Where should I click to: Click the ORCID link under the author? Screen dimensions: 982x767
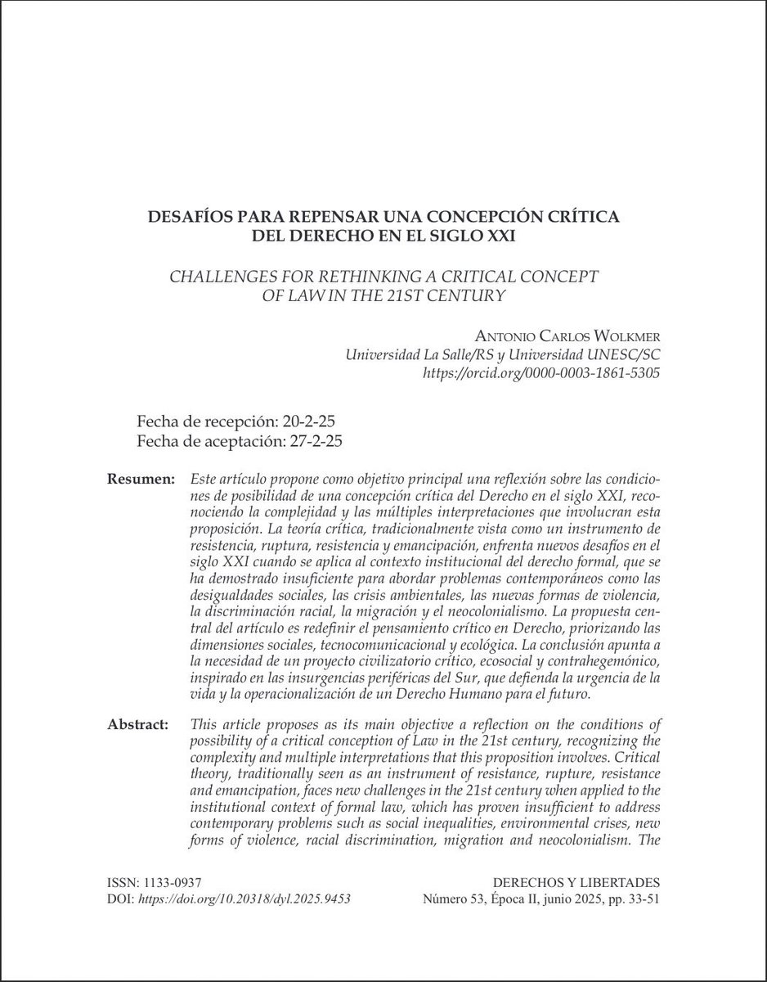540,372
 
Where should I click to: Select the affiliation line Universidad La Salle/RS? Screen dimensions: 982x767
424,355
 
